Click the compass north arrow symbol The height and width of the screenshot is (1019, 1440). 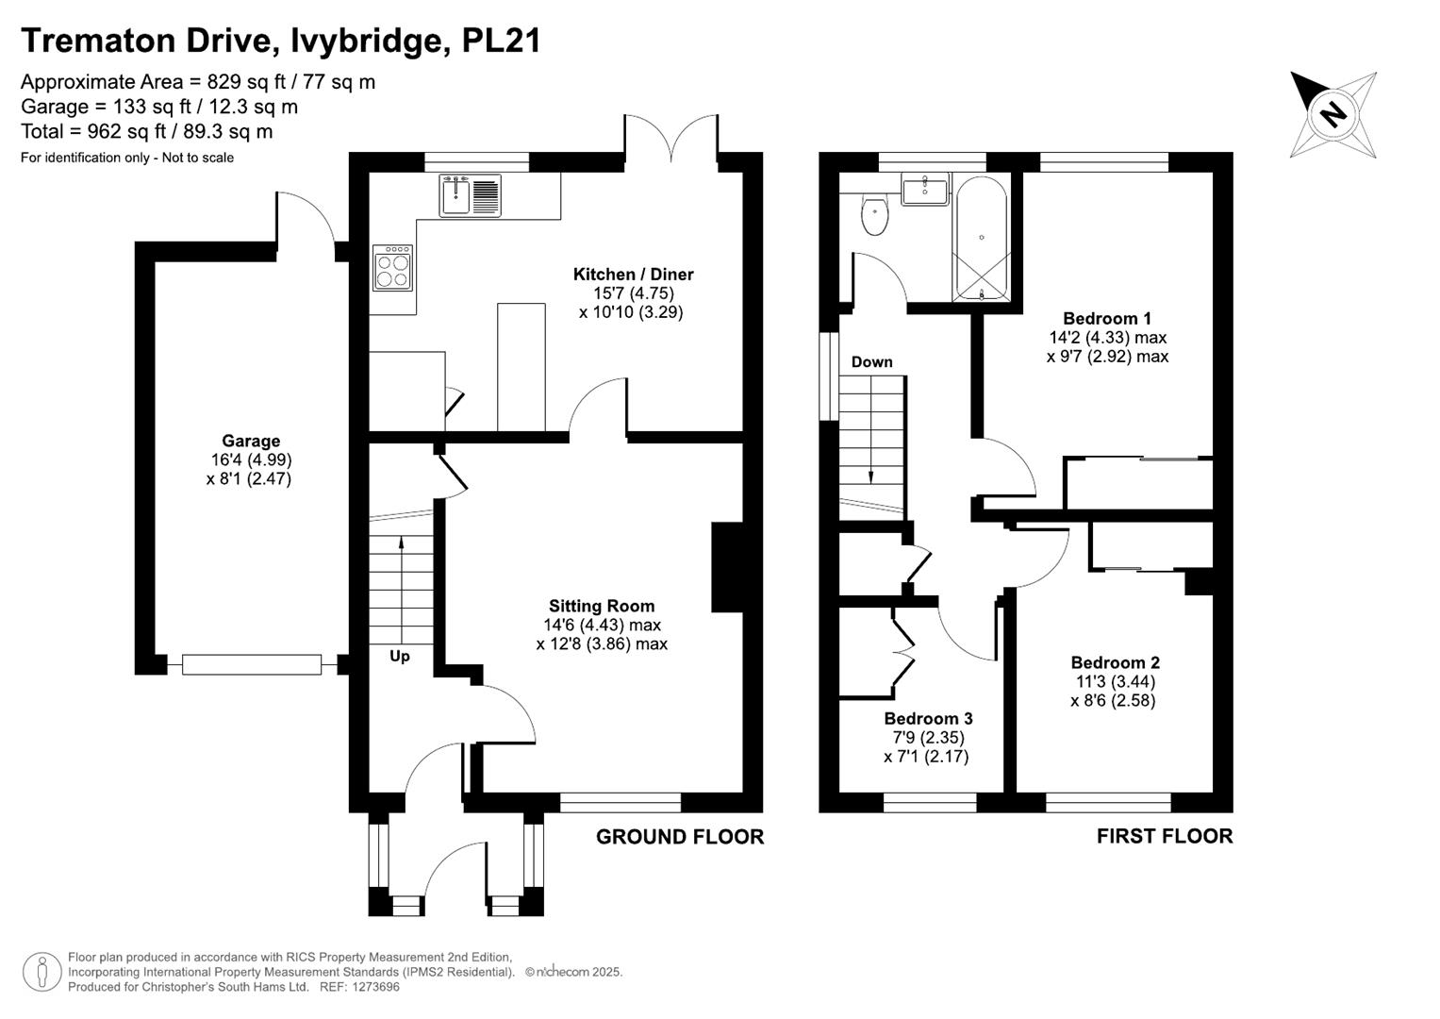coord(1332,114)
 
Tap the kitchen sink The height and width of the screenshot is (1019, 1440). coord(470,195)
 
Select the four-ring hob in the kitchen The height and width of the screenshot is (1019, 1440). coord(392,267)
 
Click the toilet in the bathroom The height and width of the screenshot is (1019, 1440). coord(875,216)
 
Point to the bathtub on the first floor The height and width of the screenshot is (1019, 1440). coord(982,238)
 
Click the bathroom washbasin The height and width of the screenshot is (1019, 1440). coord(925,190)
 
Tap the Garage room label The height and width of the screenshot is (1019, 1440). coord(251,441)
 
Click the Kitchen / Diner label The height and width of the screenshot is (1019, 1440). coord(633,275)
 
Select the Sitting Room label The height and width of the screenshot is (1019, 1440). coord(602,606)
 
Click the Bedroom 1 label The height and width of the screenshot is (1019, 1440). coord(1107,318)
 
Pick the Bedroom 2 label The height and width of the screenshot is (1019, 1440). coord(1115,662)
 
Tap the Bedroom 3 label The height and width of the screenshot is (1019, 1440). coord(928,719)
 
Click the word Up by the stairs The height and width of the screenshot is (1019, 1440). coord(400,656)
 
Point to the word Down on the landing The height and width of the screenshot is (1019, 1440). coord(871,361)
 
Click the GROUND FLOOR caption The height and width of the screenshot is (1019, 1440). coord(679,836)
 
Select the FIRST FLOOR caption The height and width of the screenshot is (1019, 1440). coord(1164,836)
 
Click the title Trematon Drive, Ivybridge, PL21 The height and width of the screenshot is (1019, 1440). coord(280,41)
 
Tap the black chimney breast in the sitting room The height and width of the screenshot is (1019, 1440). coord(726,567)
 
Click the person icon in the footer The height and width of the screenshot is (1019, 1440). coord(42,972)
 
